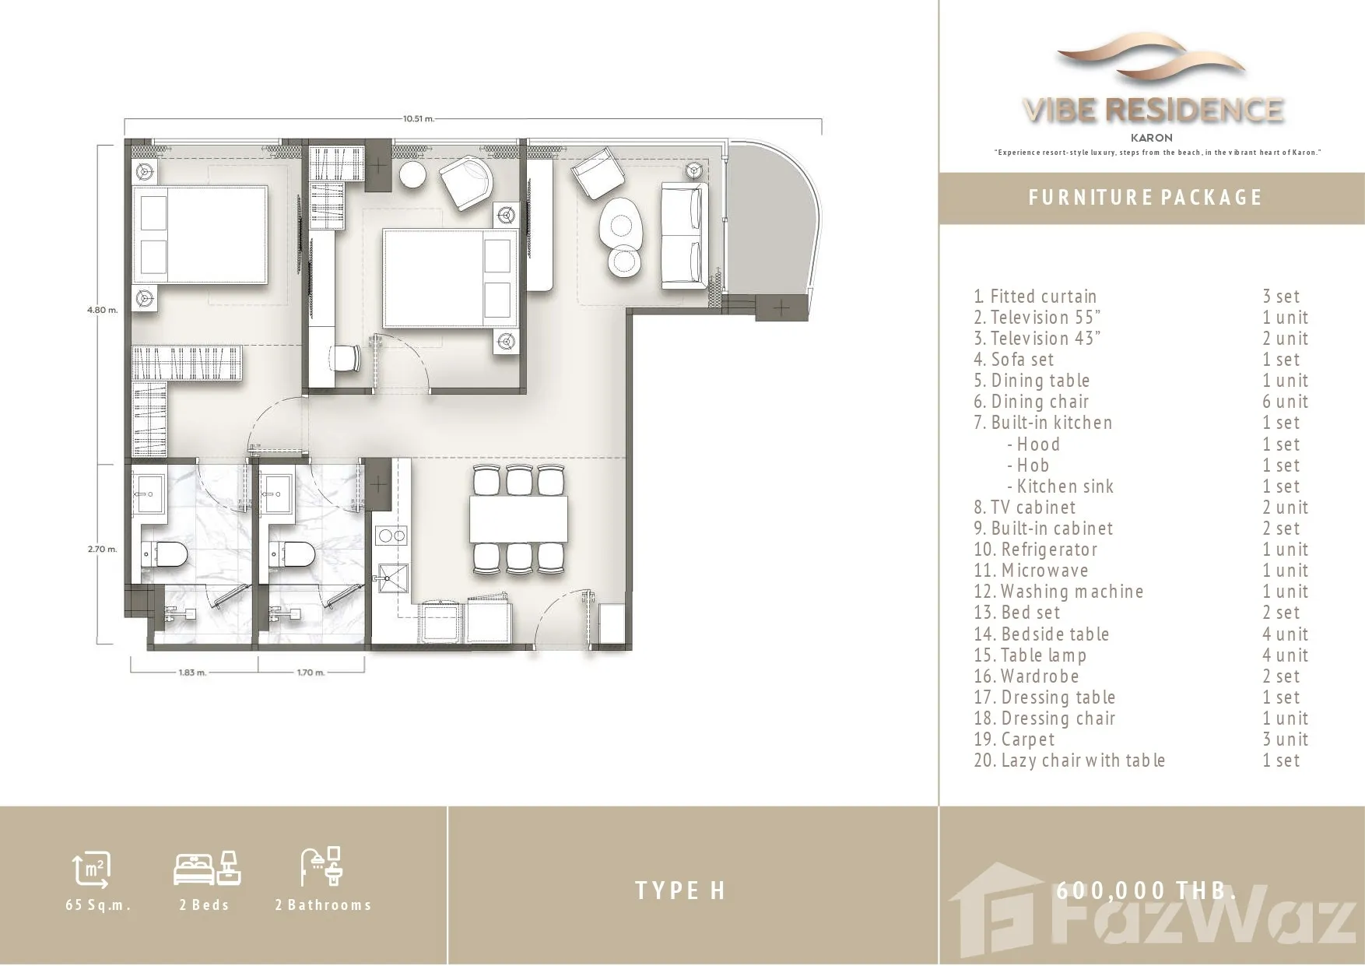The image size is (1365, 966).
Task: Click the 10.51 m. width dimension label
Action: (418, 119)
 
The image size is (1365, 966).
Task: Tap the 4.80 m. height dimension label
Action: (103, 310)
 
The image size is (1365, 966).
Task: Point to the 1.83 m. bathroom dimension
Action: (192, 672)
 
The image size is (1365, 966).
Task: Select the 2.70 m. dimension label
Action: (103, 549)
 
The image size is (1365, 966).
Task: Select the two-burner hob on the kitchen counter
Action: (391, 536)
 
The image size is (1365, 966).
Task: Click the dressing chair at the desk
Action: (346, 358)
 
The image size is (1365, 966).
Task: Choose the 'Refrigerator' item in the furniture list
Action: (1036, 550)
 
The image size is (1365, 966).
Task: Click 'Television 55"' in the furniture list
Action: (1037, 318)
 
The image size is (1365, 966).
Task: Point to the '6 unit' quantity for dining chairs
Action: (1286, 402)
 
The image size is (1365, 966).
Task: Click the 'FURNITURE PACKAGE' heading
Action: (1145, 198)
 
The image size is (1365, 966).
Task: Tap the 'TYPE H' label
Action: (680, 890)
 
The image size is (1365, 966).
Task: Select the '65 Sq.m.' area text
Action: (98, 905)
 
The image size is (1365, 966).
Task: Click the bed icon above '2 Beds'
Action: (206, 868)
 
